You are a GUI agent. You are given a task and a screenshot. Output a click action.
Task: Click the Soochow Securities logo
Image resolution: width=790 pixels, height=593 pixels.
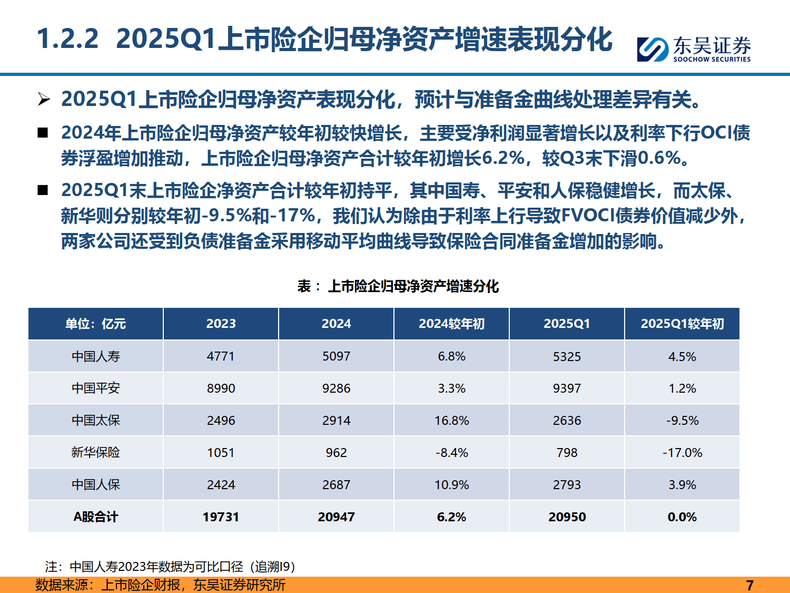[694, 49]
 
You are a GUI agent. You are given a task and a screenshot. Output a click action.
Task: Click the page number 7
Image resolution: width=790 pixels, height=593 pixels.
[749, 585]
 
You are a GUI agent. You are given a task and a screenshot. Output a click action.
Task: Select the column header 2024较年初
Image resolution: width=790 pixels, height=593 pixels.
[451, 324]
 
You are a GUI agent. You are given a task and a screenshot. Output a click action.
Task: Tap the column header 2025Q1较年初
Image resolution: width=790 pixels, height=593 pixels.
[682, 324]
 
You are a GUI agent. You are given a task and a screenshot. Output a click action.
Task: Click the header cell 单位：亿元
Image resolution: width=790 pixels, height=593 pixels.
[95, 324]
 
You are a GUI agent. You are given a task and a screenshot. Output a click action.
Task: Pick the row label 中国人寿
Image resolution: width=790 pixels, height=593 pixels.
[95, 356]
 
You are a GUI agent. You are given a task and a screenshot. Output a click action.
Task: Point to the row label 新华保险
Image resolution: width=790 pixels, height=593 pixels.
[95, 452]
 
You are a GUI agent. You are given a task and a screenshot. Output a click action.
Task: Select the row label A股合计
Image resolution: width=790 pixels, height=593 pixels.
[95, 517]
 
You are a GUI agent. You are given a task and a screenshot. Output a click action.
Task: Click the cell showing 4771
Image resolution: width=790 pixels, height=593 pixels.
[221, 356]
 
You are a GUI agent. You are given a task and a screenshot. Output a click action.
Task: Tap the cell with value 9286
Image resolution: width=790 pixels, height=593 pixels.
[336, 388]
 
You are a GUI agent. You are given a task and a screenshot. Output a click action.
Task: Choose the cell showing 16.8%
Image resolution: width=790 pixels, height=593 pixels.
[451, 421]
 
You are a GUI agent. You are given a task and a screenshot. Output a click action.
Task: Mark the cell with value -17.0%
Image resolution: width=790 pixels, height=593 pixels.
[682, 453]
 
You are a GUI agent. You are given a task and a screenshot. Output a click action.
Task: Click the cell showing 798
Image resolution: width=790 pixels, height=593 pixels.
[567, 453]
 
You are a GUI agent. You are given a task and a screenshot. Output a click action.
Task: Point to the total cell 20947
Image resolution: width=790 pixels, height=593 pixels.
[336, 517]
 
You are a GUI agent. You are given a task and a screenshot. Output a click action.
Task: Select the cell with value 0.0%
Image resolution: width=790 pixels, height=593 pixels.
[682, 517]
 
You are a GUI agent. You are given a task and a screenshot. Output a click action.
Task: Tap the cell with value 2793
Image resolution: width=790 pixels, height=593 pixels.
[567, 485]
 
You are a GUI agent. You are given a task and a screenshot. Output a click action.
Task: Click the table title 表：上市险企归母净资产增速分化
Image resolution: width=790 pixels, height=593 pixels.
[398, 286]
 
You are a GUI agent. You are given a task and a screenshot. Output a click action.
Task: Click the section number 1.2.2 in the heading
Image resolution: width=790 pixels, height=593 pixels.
[67, 39]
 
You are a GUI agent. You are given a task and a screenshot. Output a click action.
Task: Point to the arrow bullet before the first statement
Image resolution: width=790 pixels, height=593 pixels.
[44, 99]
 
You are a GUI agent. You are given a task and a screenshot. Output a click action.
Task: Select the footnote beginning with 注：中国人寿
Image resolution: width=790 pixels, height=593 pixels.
[170, 567]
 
